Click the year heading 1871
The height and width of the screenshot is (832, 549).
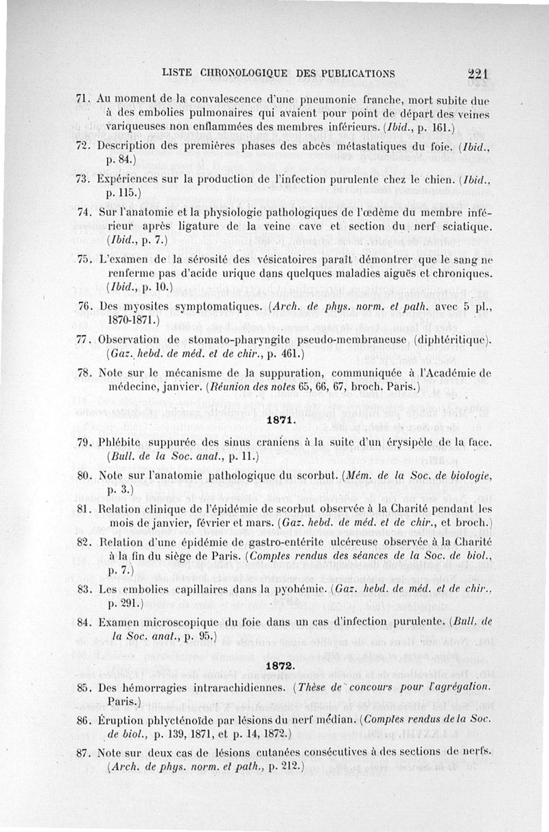pos(279,420)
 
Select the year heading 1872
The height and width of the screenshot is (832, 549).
pos(279,666)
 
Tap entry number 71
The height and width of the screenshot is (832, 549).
pos(83,97)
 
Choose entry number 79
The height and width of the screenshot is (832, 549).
pos(84,442)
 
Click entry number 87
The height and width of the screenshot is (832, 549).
pos(84,752)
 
